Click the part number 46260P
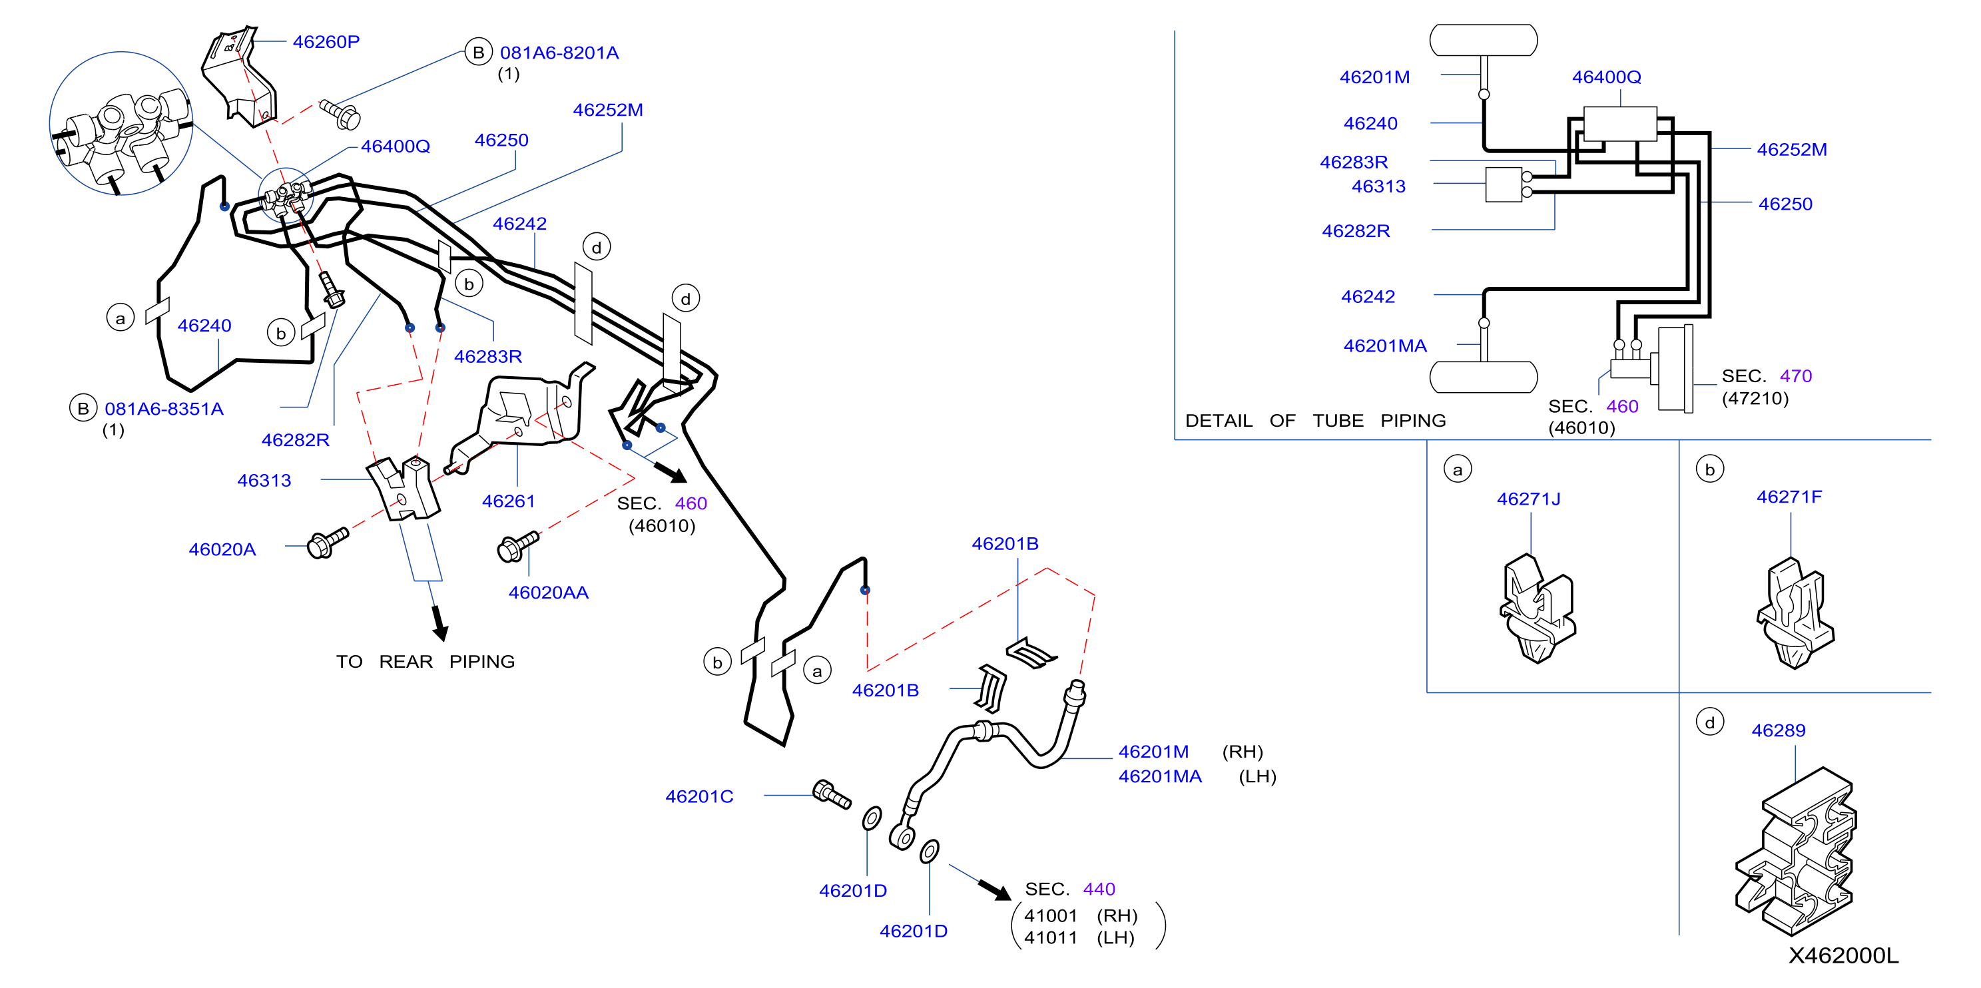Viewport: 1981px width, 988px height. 326,41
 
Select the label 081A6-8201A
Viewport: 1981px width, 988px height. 559,53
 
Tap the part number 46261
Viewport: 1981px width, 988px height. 508,501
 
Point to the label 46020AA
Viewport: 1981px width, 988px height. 548,593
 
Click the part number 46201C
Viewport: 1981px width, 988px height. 699,796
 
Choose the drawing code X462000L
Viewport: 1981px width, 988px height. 1843,955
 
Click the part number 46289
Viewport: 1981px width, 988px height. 1778,730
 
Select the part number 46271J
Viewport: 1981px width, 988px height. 1529,499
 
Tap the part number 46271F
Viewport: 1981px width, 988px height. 1789,497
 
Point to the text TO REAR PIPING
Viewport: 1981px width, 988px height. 425,661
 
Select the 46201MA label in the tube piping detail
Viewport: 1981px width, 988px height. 1384,346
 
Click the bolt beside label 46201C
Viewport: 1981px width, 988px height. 831,794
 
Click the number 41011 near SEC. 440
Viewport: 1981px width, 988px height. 1051,938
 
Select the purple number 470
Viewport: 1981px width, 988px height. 1796,376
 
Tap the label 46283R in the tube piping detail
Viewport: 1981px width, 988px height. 1354,162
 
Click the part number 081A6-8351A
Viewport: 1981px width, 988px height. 164,409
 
